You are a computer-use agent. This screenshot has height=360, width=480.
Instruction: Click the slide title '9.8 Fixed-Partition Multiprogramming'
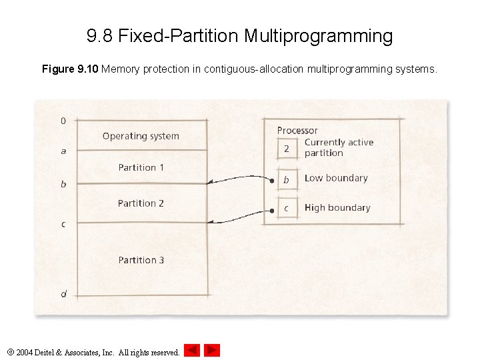240,35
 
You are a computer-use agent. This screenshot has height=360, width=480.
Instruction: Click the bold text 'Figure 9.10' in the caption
71,69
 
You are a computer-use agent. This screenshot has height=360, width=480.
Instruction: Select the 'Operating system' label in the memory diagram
141,136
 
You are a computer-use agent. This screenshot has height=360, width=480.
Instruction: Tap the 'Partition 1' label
141,167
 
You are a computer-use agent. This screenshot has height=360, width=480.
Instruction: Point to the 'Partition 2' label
141,203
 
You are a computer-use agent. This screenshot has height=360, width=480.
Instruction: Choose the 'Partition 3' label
141,260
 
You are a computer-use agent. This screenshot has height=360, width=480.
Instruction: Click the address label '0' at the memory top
63,121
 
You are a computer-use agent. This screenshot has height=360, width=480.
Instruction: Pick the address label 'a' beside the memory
63,151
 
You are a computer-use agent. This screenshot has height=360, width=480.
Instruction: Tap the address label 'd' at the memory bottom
63,294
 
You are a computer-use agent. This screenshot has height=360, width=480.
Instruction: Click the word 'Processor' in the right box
297,131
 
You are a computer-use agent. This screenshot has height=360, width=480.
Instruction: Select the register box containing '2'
287,148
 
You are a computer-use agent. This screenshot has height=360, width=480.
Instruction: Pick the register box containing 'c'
287,209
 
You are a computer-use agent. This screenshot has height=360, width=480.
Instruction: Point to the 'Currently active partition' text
339,147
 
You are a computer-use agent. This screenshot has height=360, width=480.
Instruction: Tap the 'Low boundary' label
336,178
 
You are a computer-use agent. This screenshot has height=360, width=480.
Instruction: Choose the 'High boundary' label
337,207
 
